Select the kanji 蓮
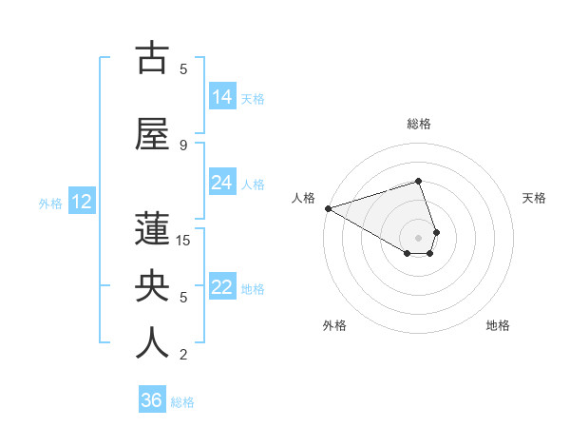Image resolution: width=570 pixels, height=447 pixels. coord(152,229)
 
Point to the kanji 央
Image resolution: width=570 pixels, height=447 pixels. coord(152,286)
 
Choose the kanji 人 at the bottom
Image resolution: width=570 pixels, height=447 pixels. coord(152,343)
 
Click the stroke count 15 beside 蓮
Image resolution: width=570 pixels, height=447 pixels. coord(183,240)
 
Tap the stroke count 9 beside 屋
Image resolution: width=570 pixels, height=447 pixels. coord(183,145)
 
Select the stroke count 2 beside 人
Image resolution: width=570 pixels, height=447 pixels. coord(183,355)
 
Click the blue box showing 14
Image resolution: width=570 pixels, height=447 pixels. coord(221,97)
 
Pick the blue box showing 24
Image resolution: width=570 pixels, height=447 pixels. coord(221,183)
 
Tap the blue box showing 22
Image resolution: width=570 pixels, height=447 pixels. coord(221,287)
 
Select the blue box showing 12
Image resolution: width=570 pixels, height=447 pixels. coord(82,202)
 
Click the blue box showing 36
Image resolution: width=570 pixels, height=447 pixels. coord(152,400)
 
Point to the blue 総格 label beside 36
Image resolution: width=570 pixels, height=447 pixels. coord(182,402)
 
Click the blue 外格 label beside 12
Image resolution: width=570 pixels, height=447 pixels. coord(50,203)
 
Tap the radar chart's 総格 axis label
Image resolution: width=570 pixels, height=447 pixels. coord(419,124)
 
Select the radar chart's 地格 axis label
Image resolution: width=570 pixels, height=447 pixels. coord(498,326)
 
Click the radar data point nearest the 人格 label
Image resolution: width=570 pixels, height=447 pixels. coord(328,208)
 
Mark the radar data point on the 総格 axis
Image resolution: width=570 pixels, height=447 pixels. coord(419,181)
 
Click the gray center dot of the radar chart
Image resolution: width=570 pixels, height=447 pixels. coord(419,238)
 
